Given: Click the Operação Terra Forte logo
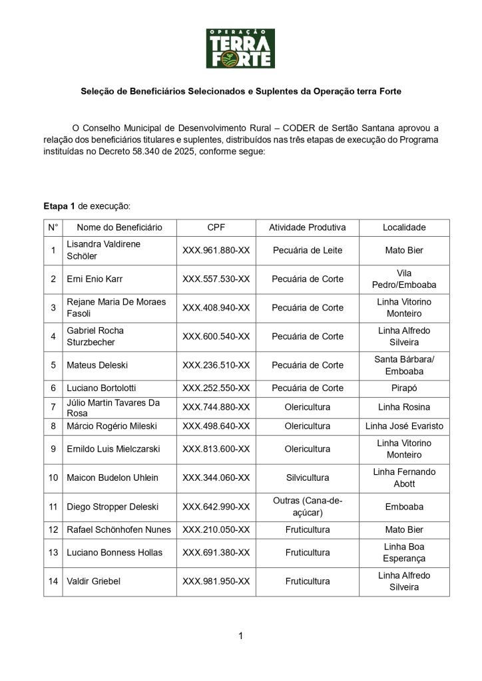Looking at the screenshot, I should (240, 48).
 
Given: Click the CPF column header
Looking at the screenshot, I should (216, 227).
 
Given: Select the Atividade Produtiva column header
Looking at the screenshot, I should (307, 227).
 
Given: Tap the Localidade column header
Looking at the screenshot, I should (403, 227).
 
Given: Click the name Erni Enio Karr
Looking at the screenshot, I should (95, 279).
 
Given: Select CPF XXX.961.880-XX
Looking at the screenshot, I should (216, 251).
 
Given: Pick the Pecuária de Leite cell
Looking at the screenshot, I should (307, 251).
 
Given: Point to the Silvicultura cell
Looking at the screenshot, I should (307, 477).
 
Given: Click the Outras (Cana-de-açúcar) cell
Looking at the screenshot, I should (307, 507).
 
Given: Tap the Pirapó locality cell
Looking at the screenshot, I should (403, 388).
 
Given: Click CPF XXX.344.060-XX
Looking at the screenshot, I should (216, 477).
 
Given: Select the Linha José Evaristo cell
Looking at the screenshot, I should (403, 426).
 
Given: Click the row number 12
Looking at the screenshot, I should (53, 530).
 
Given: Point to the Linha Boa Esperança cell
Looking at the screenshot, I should (403, 553).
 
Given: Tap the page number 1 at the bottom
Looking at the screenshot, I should (240, 636).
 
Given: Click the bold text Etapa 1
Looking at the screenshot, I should (59, 206).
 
